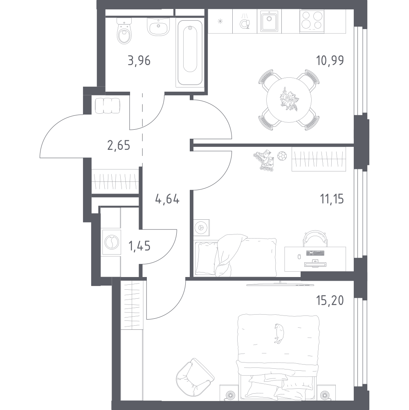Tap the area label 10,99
[330, 61]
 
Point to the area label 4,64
[168, 200]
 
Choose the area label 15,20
[329, 301]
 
